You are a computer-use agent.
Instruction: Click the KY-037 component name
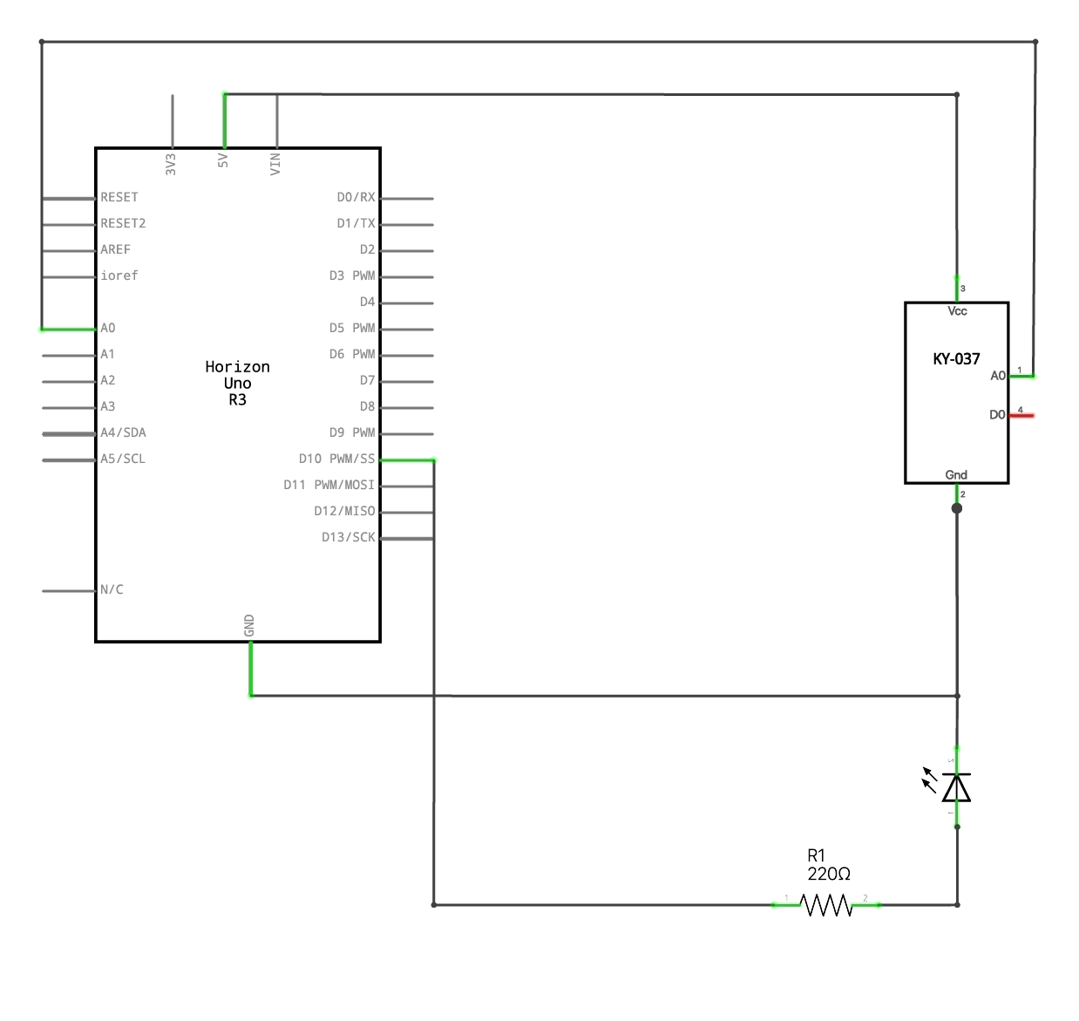click(x=956, y=359)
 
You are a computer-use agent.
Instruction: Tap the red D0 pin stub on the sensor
click(x=1022, y=416)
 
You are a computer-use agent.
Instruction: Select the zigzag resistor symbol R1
click(x=826, y=906)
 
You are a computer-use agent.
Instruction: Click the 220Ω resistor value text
click(x=828, y=874)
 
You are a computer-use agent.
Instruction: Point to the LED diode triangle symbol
click(x=956, y=787)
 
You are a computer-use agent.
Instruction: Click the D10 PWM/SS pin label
click(x=336, y=459)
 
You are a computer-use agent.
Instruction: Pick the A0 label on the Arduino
click(x=108, y=328)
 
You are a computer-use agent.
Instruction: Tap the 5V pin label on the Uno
click(x=223, y=160)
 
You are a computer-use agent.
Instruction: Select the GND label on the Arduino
click(x=249, y=625)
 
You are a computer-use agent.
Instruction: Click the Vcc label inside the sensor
click(x=957, y=311)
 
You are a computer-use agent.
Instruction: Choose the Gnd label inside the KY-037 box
click(x=956, y=475)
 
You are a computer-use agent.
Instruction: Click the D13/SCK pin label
click(x=348, y=537)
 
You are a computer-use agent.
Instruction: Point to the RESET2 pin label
click(x=123, y=223)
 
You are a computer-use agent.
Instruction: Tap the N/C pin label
click(x=112, y=589)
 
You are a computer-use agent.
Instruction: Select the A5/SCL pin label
click(x=123, y=459)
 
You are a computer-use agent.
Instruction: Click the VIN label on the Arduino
click(x=275, y=163)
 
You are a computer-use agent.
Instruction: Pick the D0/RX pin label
click(x=356, y=197)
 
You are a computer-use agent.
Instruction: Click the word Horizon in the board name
click(x=237, y=367)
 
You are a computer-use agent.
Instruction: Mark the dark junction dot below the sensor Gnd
click(x=957, y=508)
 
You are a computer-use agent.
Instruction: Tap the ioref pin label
click(x=119, y=276)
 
